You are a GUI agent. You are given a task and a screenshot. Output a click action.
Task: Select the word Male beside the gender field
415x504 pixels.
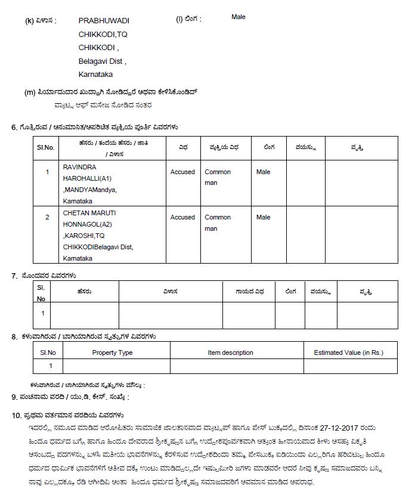click(x=238, y=17)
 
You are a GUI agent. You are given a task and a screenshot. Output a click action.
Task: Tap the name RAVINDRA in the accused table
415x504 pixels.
click(x=79, y=167)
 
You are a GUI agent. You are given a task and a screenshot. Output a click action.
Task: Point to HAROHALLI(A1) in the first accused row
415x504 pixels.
click(x=87, y=178)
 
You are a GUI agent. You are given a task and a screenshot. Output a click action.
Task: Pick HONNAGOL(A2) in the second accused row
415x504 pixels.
click(x=88, y=224)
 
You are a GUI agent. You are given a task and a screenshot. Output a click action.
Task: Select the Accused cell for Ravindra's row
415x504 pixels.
click(x=182, y=172)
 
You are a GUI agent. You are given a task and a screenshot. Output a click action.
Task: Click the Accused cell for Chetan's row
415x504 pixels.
click(x=182, y=218)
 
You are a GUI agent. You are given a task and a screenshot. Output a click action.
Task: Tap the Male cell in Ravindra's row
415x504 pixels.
click(x=263, y=172)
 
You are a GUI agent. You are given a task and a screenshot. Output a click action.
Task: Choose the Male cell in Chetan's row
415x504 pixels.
click(x=263, y=218)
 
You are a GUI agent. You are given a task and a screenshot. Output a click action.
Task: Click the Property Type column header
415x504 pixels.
click(x=112, y=353)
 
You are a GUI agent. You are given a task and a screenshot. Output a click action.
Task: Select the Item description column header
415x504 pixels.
click(x=230, y=353)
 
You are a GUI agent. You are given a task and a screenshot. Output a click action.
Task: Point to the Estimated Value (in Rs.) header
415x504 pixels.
click(x=348, y=353)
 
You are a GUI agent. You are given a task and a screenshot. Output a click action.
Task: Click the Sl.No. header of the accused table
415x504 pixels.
click(x=45, y=147)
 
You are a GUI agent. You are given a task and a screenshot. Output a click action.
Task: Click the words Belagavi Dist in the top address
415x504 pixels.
click(x=101, y=61)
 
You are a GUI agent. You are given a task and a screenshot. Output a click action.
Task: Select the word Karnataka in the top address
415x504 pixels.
click(x=95, y=75)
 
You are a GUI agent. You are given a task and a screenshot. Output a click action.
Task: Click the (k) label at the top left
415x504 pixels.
click(x=29, y=21)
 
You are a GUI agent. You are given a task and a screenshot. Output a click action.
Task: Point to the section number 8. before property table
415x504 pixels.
click(x=14, y=337)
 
